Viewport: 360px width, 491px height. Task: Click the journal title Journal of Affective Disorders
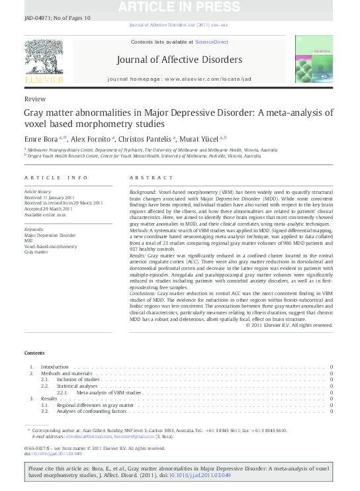tap(179, 60)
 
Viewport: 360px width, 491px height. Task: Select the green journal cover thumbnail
tap(314, 60)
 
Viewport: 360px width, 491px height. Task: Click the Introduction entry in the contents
tap(54, 367)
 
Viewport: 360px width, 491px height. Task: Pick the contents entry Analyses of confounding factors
tap(90, 411)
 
